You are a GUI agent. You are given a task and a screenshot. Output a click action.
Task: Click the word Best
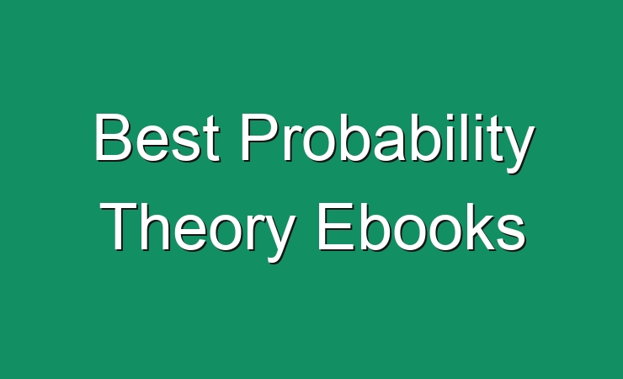click(x=157, y=137)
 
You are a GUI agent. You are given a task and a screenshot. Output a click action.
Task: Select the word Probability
click(x=388, y=143)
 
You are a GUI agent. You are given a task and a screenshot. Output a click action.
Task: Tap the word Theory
click(x=198, y=232)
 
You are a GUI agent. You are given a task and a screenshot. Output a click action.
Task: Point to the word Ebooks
click(x=421, y=227)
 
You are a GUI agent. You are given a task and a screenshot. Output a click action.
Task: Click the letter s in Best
click(x=188, y=144)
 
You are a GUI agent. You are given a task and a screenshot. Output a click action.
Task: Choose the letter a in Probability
click(x=387, y=144)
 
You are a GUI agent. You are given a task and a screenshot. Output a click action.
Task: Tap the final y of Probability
click(x=519, y=150)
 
